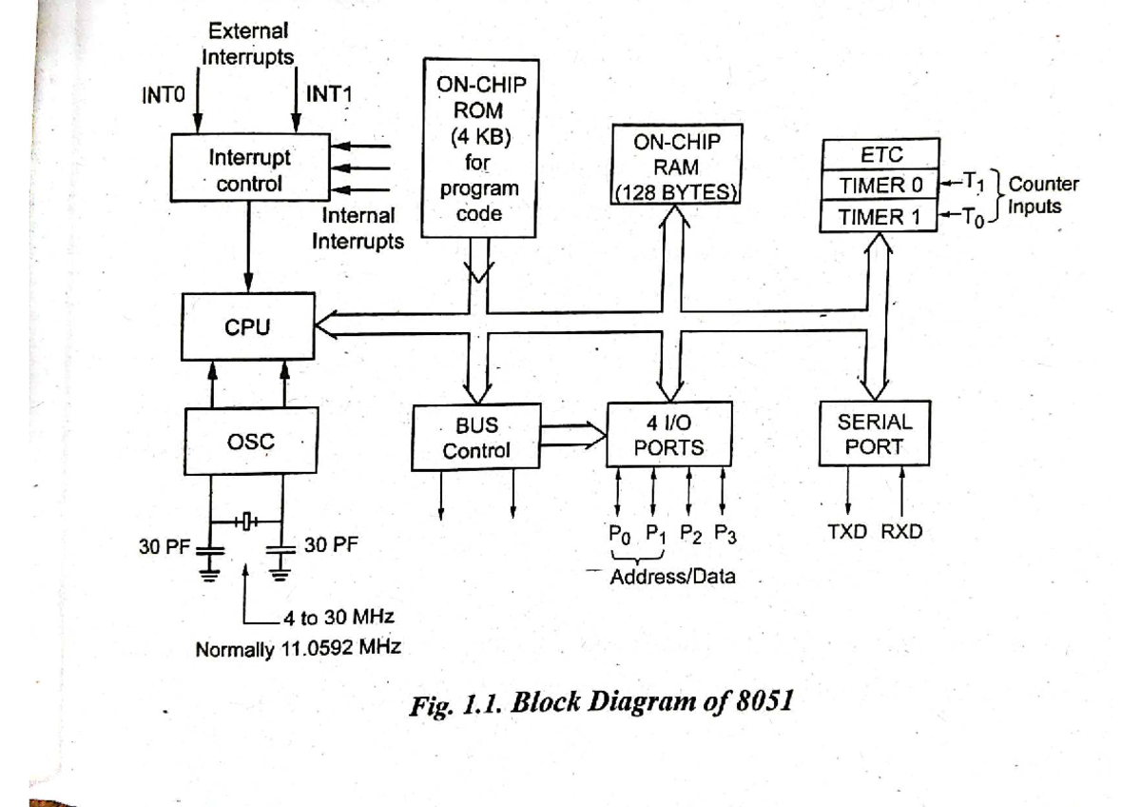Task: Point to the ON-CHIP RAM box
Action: [x=677, y=167]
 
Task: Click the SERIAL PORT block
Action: [x=874, y=434]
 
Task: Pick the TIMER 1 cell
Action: [x=879, y=216]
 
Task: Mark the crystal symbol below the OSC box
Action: [x=245, y=522]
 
